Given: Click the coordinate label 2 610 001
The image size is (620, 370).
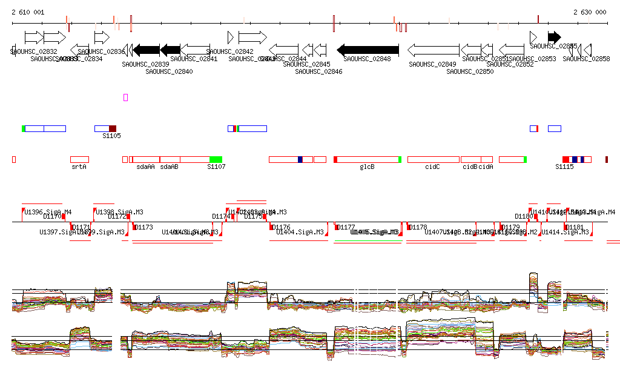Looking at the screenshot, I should pyautogui.click(x=28, y=12).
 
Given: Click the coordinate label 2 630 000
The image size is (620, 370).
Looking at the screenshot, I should pyautogui.click(x=590, y=12).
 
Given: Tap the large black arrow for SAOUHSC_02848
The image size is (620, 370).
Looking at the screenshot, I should pyautogui.click(x=368, y=50).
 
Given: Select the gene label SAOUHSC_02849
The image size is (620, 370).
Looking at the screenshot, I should pyautogui.click(x=432, y=64).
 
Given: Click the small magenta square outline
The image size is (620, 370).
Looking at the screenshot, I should pyautogui.click(x=126, y=97).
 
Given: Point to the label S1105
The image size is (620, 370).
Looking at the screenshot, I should pyautogui.click(x=111, y=136).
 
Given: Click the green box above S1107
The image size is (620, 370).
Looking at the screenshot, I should pyautogui.click(x=216, y=159).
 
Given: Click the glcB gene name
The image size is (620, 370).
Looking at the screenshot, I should pyautogui.click(x=367, y=166).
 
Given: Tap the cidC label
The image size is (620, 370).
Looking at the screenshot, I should pyautogui.click(x=432, y=166).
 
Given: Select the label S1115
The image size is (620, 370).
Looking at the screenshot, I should pyautogui.click(x=564, y=166).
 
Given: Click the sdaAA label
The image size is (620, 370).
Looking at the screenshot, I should pyautogui.click(x=145, y=166).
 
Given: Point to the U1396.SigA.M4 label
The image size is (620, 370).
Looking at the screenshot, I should pyautogui.click(x=48, y=212).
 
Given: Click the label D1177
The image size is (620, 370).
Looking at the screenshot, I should pyautogui.click(x=346, y=227).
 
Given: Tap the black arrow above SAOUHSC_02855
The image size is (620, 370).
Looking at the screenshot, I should pyautogui.click(x=554, y=37).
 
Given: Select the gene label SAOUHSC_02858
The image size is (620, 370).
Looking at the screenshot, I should pyautogui.click(x=586, y=59).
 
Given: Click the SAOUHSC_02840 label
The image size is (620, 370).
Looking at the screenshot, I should pyautogui.click(x=169, y=71).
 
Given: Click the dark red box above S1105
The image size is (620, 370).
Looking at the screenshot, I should pyautogui.click(x=113, y=128).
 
